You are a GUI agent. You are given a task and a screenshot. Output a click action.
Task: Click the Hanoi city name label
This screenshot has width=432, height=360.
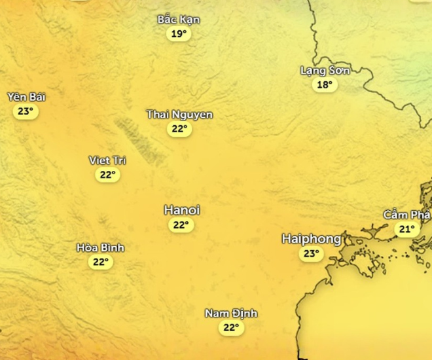181,211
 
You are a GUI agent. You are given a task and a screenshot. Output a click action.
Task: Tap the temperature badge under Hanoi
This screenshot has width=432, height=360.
181,225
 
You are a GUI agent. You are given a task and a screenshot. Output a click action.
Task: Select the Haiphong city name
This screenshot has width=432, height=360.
312,239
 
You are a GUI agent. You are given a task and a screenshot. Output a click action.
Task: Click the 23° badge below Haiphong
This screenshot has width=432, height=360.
311,254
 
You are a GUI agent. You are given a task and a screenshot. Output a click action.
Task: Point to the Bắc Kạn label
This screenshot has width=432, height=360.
179,20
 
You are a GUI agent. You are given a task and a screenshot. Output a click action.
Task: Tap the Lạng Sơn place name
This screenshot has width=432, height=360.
325,70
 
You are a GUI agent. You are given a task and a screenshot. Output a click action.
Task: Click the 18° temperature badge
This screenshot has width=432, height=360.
325,84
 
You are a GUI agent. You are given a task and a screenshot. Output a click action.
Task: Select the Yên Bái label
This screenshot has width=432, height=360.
26,97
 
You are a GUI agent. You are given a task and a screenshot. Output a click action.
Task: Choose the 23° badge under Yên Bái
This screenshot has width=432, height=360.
26,111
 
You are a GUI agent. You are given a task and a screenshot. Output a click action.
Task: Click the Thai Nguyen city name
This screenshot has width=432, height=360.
179,115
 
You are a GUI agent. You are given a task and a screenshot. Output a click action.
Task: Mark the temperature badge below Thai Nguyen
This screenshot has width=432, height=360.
179,129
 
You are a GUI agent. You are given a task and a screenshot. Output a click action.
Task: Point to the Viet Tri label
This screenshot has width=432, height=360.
107,160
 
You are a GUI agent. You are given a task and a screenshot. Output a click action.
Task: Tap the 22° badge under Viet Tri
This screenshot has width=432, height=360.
107,175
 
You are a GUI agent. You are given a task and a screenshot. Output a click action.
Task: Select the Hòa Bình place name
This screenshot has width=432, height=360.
100,248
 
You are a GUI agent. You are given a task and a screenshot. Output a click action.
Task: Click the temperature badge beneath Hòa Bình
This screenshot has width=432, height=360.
99,262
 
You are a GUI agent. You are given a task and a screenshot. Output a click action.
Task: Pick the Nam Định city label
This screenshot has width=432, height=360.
230,314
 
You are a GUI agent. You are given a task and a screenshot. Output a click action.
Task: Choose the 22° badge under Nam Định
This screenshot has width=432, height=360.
230,328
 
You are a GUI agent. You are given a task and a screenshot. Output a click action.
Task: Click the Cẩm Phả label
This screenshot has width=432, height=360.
407,215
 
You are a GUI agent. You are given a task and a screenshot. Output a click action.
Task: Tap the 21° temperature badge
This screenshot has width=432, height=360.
407,229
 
